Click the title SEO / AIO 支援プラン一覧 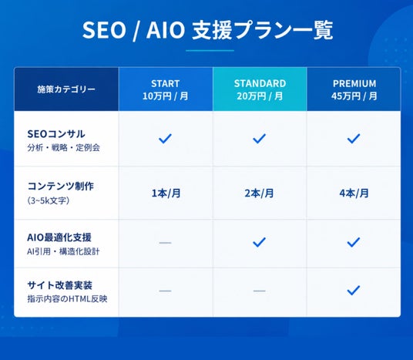(x=207, y=30)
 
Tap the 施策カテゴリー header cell (x=66, y=89)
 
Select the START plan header (x=166, y=89)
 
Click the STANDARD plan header (x=260, y=89)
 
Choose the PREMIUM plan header (x=354, y=89)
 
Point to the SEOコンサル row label (x=56, y=134)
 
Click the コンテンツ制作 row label (x=61, y=186)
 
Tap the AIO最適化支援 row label (x=59, y=237)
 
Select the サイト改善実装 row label (x=60, y=285)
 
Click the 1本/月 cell (x=166, y=193)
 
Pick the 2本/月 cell (x=259, y=193)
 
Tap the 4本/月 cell (x=354, y=193)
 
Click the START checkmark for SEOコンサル (x=165, y=139)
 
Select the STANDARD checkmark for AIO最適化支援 (x=259, y=242)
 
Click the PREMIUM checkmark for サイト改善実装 (x=354, y=290)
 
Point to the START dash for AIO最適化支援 (x=165, y=243)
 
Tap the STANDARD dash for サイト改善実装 (x=260, y=291)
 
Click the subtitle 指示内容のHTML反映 (x=68, y=299)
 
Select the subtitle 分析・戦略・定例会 (x=63, y=147)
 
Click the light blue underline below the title (x=210, y=50)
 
